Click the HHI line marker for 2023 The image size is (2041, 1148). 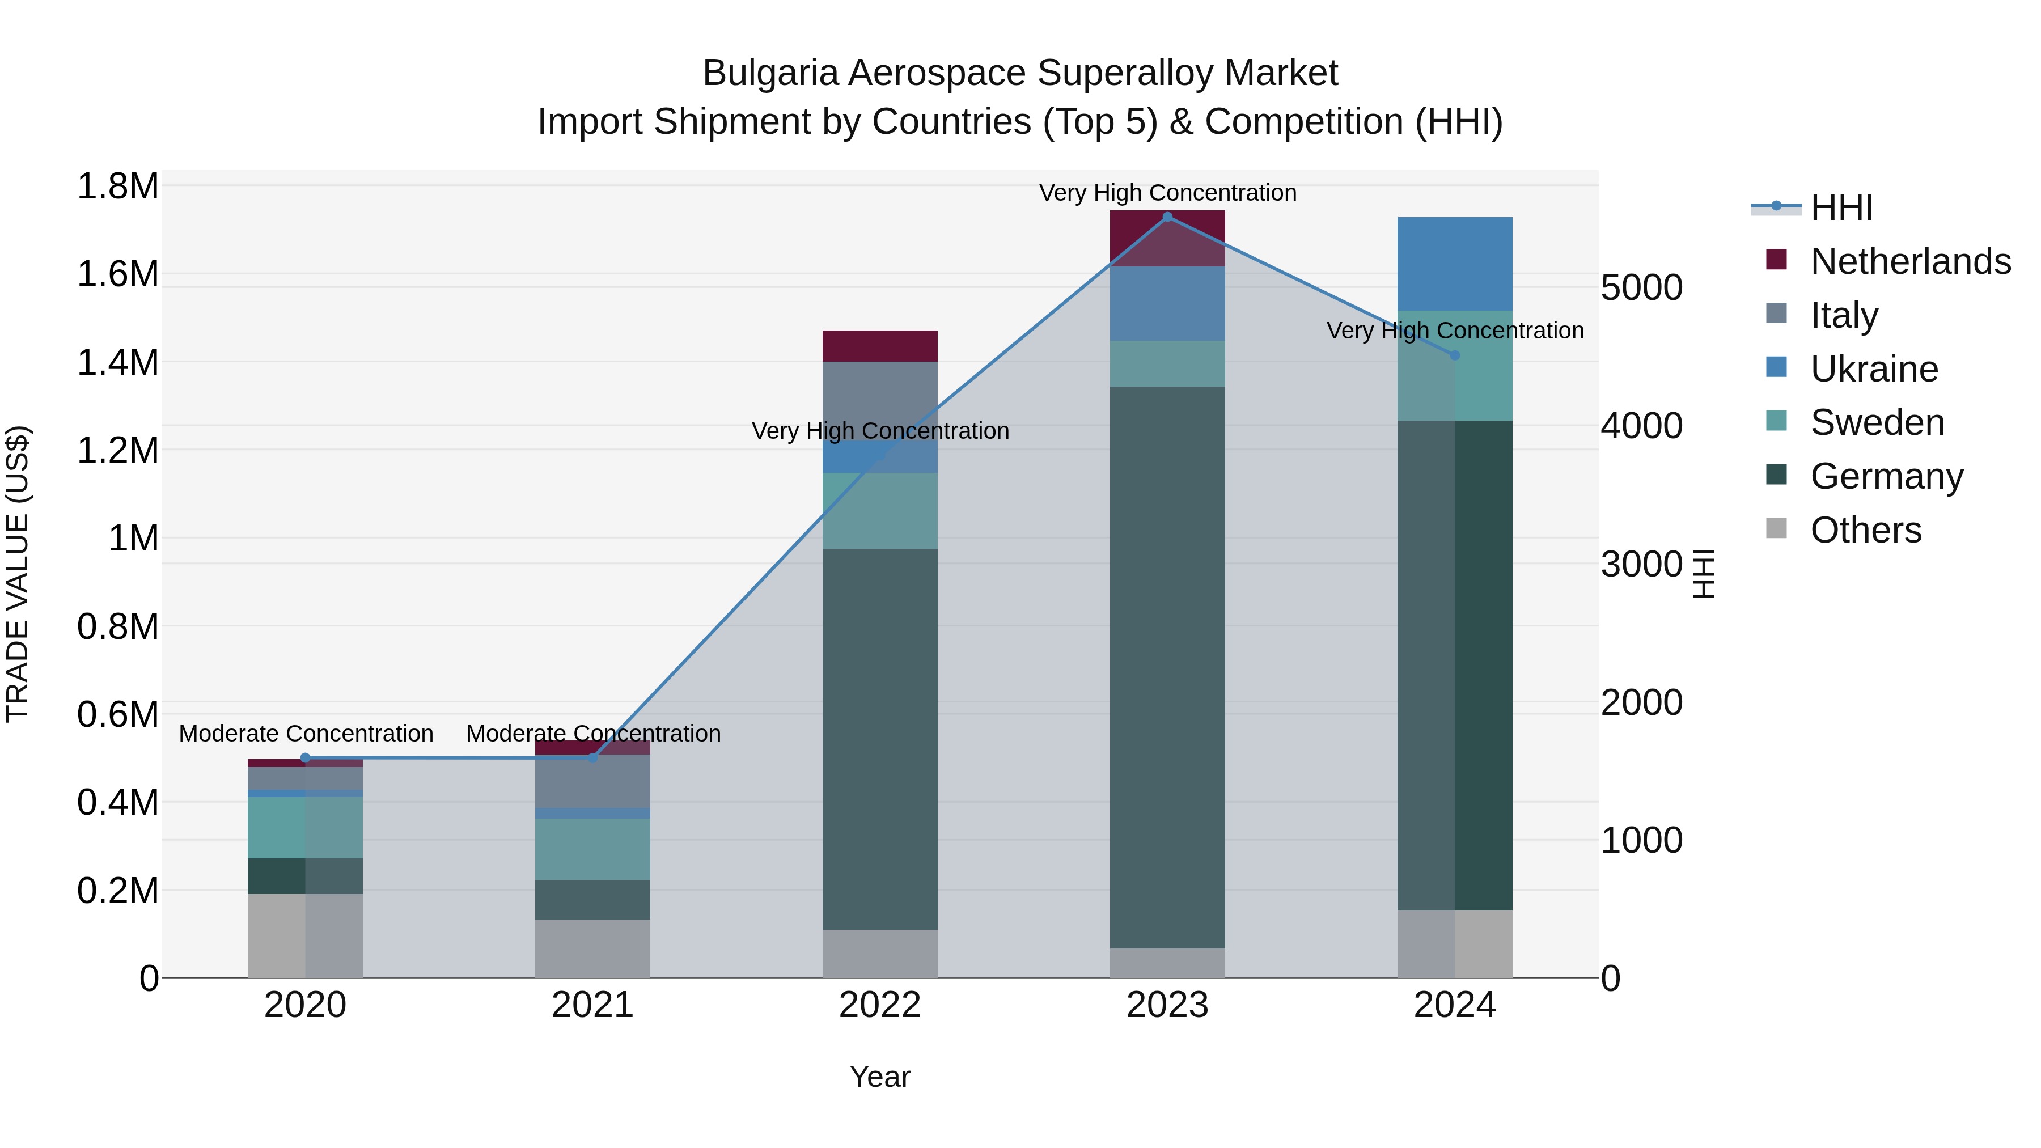pos(1167,217)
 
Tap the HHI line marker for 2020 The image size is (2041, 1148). pos(306,758)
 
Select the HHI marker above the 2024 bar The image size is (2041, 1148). pos(1455,355)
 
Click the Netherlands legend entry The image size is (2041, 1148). pos(1909,261)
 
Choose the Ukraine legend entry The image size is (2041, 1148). pos(1873,369)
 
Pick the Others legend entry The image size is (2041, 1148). pos(1865,530)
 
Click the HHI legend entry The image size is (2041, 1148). pos(1841,207)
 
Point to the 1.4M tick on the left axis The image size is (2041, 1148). pos(118,363)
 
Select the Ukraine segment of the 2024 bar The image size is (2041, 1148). pos(1455,264)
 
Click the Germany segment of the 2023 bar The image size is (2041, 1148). pos(1167,666)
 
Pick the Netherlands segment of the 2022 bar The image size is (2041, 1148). pos(879,346)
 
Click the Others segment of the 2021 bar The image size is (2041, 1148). pos(592,948)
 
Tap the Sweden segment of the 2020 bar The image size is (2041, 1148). pos(306,827)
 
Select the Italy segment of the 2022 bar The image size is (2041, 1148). pos(879,400)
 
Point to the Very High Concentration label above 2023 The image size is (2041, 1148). pos(1167,193)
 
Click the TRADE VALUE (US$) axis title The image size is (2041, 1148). pos(18,574)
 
